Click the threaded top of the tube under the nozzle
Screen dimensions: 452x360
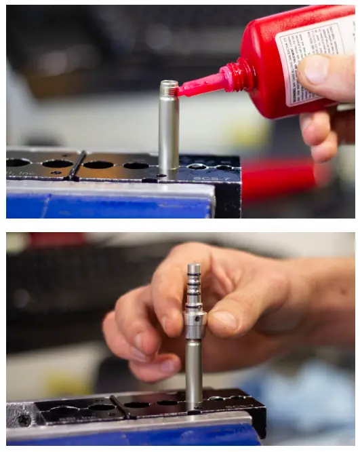[x=169, y=87]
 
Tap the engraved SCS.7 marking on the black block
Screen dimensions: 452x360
[x=206, y=178]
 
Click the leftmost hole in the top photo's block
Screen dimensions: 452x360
[x=18, y=163]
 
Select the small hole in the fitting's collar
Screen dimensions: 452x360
[x=194, y=315]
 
